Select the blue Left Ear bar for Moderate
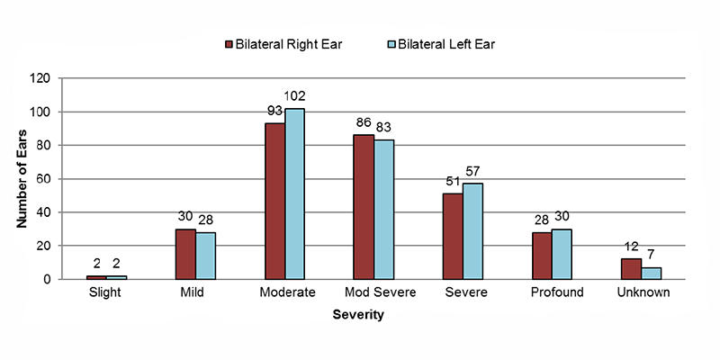coord(295,193)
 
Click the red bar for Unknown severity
coord(630,269)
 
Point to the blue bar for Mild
coord(205,256)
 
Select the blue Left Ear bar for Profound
coord(562,254)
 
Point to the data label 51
coord(452,182)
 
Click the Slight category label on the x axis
coord(107,292)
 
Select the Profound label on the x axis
coord(551,292)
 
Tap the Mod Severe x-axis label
coord(374,292)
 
